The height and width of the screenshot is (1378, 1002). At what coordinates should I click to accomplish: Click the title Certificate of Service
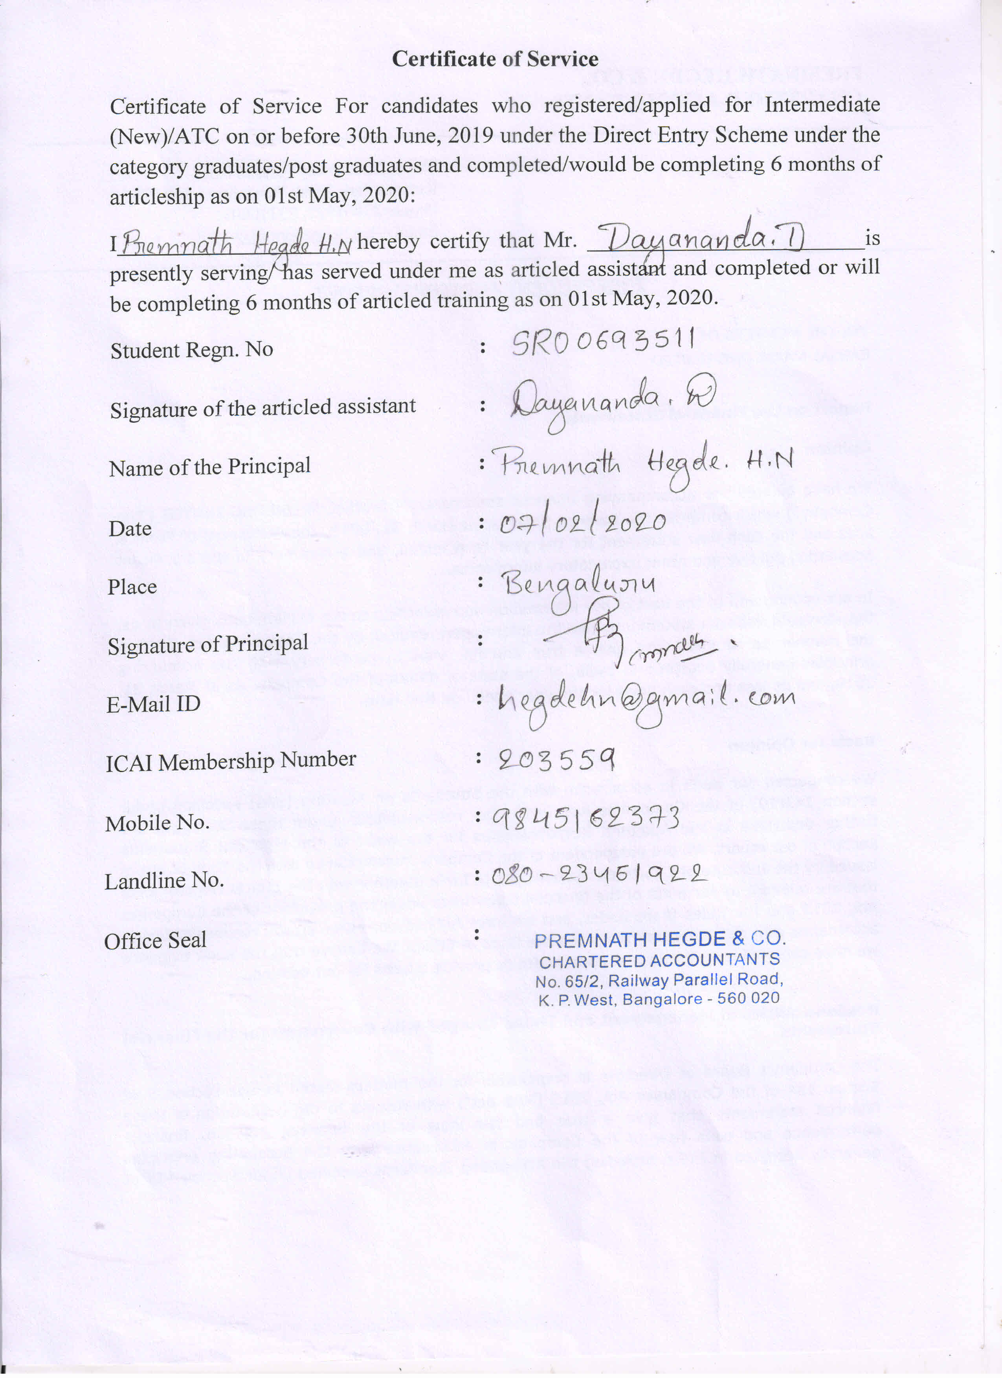[495, 59]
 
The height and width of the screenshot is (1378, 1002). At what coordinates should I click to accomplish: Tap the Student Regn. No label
[191, 350]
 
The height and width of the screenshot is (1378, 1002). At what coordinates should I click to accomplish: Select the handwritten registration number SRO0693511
[602, 343]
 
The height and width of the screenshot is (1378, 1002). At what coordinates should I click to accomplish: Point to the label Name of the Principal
[210, 467]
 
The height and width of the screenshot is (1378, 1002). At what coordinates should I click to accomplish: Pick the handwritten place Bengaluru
[580, 585]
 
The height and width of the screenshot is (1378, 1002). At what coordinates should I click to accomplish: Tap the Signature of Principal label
[208, 644]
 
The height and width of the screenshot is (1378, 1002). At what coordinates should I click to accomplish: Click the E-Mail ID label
[153, 704]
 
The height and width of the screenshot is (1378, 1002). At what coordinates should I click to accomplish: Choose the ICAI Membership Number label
[231, 761]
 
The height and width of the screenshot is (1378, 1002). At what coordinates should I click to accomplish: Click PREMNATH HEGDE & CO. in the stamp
[660, 939]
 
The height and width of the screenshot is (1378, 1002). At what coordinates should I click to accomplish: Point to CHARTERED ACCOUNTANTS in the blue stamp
[659, 961]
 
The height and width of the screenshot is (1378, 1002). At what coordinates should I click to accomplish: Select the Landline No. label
[164, 881]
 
